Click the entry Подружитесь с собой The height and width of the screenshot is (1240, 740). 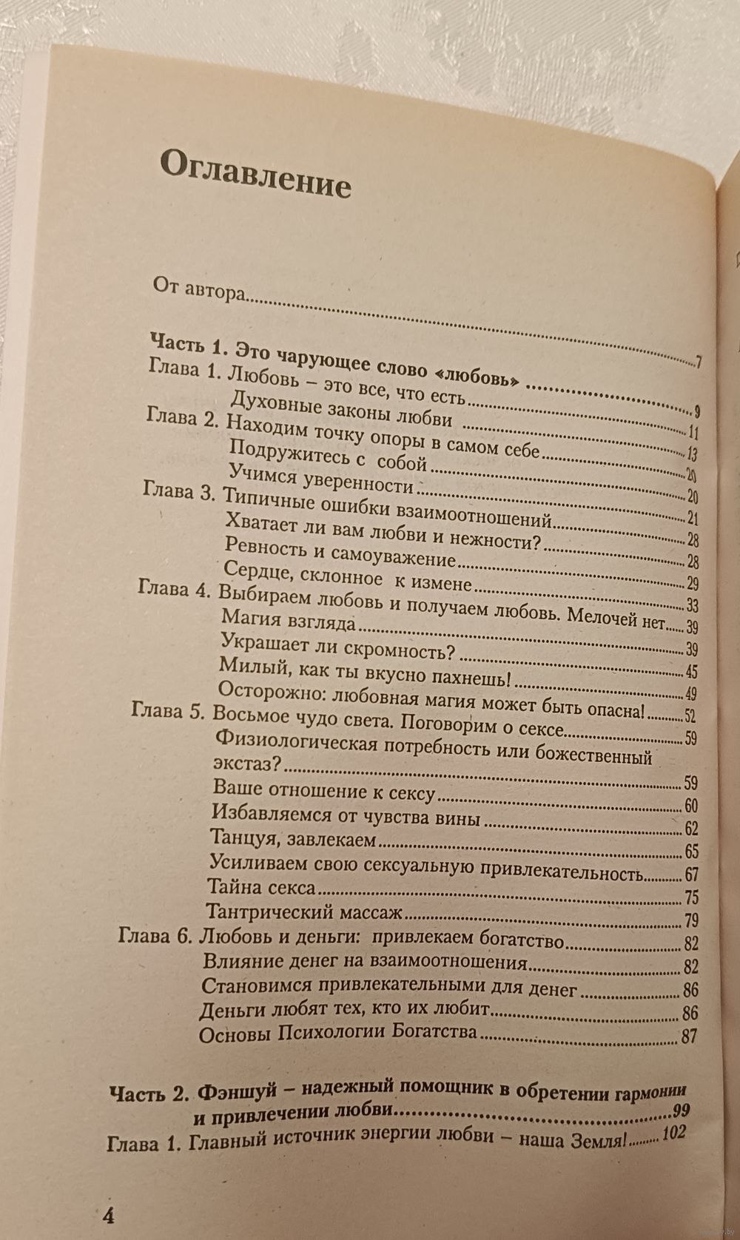pyautogui.click(x=329, y=463)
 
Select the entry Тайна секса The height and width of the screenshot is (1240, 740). pyautogui.click(x=263, y=886)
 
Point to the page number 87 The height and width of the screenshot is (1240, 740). pyautogui.click(x=688, y=1036)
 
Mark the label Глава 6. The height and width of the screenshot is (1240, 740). pyautogui.click(x=152, y=937)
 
